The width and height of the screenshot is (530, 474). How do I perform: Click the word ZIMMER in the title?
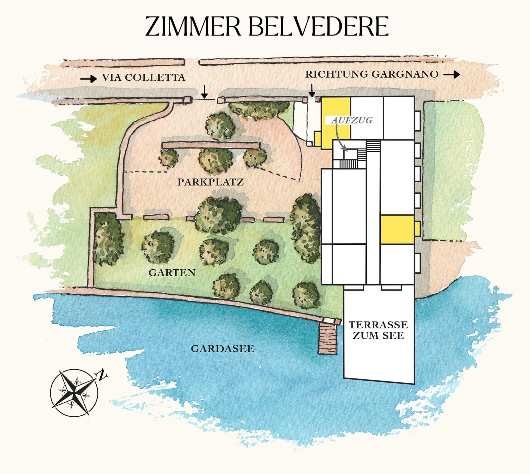[193, 26]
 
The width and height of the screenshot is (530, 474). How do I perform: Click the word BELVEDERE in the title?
[318, 26]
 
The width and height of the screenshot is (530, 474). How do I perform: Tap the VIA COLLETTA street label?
[143, 78]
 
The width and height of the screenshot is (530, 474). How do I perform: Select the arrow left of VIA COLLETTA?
[88, 79]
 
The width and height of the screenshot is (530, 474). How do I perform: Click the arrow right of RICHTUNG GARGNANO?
[452, 75]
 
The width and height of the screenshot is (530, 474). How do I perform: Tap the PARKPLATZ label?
[211, 182]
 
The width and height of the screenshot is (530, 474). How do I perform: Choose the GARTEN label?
[172, 273]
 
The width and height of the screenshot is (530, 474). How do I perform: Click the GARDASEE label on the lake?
[223, 349]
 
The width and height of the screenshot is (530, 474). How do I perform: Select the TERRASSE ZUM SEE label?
[378, 330]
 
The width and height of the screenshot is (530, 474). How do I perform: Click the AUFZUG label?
[352, 120]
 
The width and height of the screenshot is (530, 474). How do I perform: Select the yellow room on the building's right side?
[397, 230]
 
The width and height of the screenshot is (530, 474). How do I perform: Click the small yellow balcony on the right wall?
[417, 229]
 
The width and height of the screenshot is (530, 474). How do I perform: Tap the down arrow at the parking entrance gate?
[204, 92]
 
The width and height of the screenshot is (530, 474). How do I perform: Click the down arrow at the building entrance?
[312, 90]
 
